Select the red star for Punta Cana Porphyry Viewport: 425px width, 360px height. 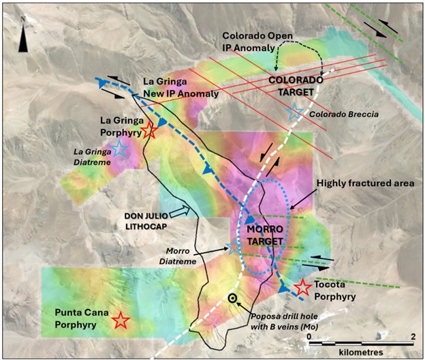click(121, 319)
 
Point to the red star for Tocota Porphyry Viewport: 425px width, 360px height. click(303, 288)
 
